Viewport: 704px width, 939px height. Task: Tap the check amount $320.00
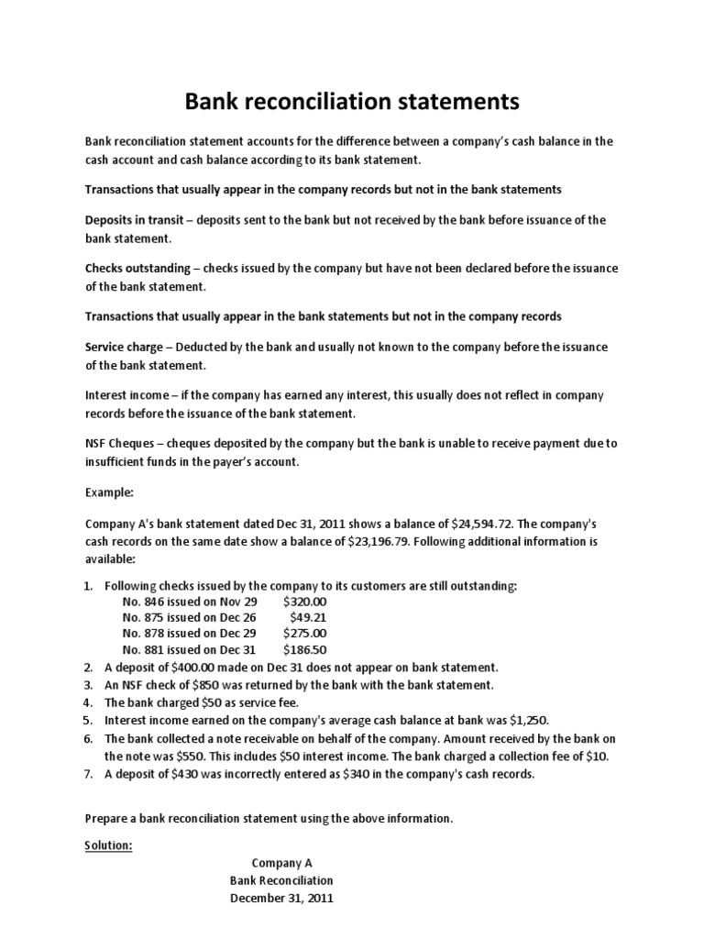(x=304, y=601)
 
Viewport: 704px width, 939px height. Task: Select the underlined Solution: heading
(x=109, y=845)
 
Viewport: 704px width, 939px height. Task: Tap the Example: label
(x=110, y=492)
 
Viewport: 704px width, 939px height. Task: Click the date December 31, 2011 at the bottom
(x=281, y=899)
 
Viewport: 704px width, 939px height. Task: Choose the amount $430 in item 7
(x=183, y=773)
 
